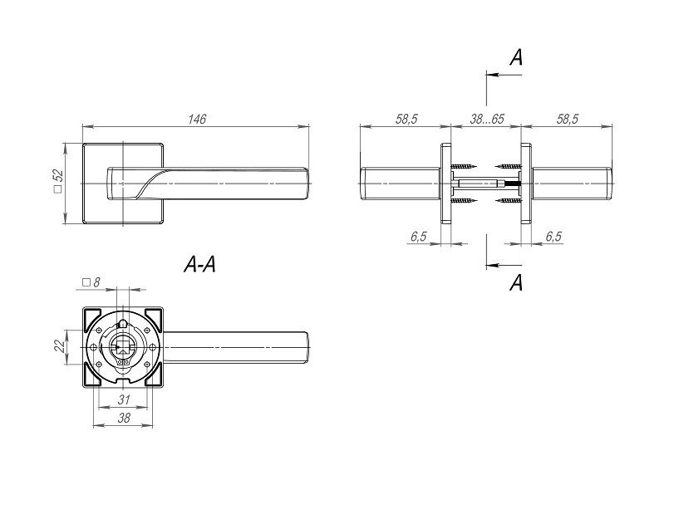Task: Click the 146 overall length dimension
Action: (x=197, y=119)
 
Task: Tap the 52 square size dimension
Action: (x=57, y=181)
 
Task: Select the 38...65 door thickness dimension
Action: (x=486, y=119)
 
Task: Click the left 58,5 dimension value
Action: (x=406, y=119)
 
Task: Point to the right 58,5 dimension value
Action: (x=568, y=119)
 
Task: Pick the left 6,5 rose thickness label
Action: (x=419, y=236)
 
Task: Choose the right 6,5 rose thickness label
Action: (x=553, y=236)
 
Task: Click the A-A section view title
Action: (x=199, y=264)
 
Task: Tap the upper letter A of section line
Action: (x=516, y=57)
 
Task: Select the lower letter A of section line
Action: (x=516, y=282)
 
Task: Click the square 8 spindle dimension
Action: (x=91, y=282)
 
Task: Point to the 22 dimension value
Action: (x=61, y=345)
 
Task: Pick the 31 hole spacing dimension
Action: (x=124, y=399)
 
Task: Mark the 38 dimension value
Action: (x=124, y=418)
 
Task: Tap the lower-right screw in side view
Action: (x=508, y=200)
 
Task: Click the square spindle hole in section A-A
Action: (x=122, y=345)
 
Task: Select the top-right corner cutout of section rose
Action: (x=154, y=318)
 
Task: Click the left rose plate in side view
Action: (x=445, y=184)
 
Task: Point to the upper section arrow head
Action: (x=492, y=75)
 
